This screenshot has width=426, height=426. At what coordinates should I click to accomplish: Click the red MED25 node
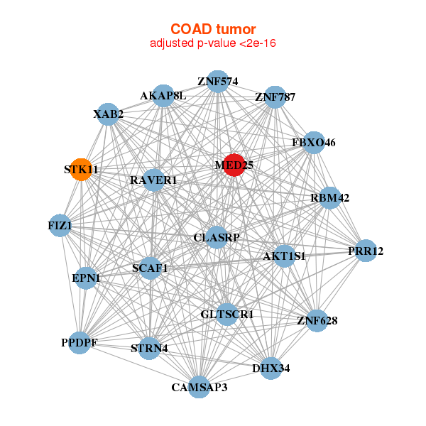point(234,165)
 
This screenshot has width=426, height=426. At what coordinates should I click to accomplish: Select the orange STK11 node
point(81,170)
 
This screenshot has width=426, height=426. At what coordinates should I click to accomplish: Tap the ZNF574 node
point(218,82)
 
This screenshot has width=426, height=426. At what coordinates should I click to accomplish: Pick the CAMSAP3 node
point(199,387)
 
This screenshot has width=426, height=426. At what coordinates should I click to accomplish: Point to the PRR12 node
point(366,251)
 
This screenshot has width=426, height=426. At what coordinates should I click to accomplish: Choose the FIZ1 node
point(60,226)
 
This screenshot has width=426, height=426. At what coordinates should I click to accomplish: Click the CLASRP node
point(217,237)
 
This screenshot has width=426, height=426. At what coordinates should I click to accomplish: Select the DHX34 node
point(271,368)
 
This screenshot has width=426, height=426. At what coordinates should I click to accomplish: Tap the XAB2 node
point(108,114)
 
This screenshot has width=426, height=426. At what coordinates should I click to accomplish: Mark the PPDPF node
point(80,343)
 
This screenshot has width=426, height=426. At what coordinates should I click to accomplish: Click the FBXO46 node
point(314,143)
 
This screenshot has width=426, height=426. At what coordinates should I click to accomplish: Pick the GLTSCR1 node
point(227,315)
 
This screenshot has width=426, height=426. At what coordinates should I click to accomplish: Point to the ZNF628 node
point(317,321)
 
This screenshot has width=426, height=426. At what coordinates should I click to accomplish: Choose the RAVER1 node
point(154,180)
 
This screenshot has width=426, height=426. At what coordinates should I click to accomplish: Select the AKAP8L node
point(163,96)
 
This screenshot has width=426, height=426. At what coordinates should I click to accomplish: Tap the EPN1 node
point(86,278)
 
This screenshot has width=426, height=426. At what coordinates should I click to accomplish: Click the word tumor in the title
point(236,29)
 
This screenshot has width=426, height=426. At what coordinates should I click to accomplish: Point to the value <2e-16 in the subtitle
point(258,43)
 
